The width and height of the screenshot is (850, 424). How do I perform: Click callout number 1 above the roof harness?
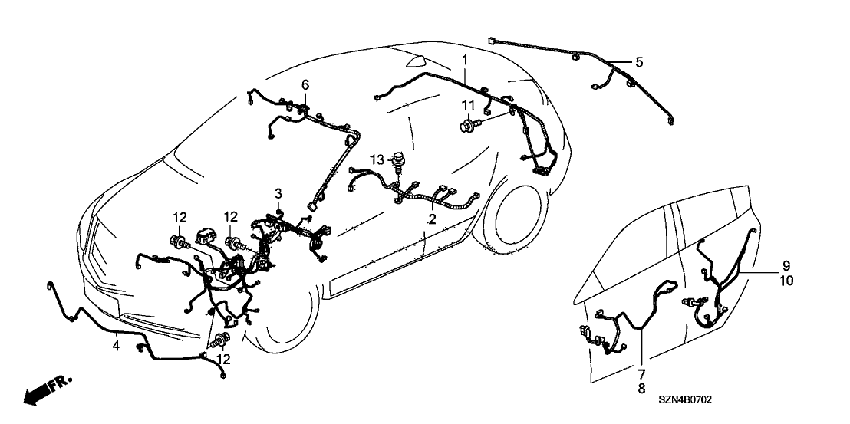pos(464,59)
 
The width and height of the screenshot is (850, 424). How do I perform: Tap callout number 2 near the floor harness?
pos(432,219)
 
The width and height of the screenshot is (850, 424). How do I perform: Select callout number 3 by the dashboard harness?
pos(279,192)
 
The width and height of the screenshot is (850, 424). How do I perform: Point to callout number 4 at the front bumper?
pos(116,345)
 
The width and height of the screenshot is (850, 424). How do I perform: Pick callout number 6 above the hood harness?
pos(305,84)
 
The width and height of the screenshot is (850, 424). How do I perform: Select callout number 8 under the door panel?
pos(641,389)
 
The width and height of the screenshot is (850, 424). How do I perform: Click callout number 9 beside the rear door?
pos(786,265)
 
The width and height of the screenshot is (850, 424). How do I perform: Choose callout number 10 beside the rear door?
pos(786,281)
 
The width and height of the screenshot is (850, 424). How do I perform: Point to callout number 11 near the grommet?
pos(467,104)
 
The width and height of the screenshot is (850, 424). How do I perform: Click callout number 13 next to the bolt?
pos(376,158)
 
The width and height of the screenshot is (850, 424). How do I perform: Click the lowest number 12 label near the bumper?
pos(222,359)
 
